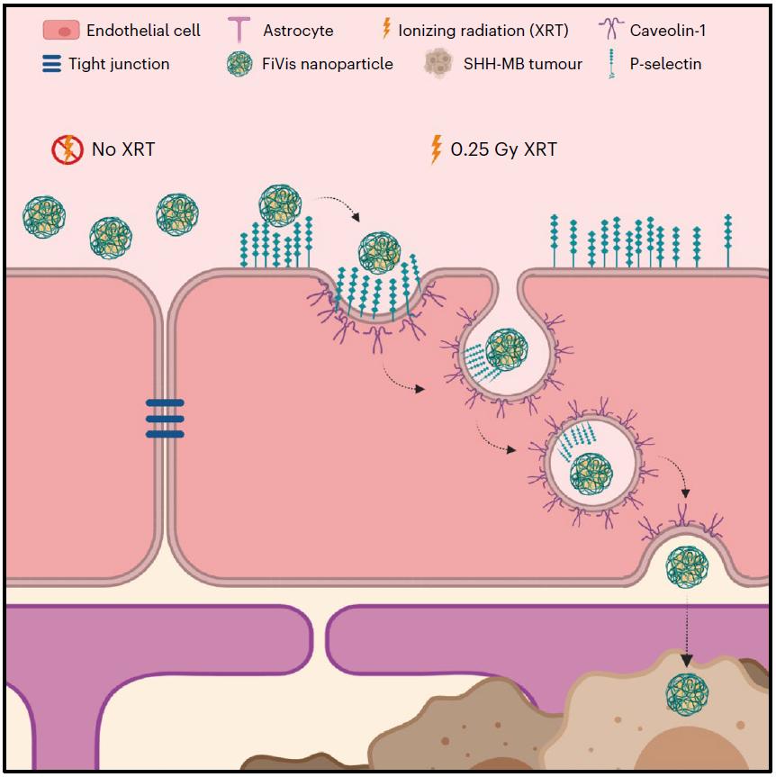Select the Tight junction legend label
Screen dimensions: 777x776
[x=119, y=64]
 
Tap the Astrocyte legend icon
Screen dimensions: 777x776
[x=239, y=30]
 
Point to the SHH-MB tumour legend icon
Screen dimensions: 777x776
[x=438, y=64]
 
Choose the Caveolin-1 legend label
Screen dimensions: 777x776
[x=668, y=30]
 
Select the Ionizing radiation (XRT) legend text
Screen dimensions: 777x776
[x=483, y=30]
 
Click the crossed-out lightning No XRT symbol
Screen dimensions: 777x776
[x=68, y=149]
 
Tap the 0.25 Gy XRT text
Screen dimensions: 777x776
[x=503, y=149]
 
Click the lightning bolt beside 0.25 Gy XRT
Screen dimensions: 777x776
[x=438, y=149]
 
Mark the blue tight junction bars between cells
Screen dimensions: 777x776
[x=165, y=419]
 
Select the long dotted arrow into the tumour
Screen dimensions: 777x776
[x=687, y=630]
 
